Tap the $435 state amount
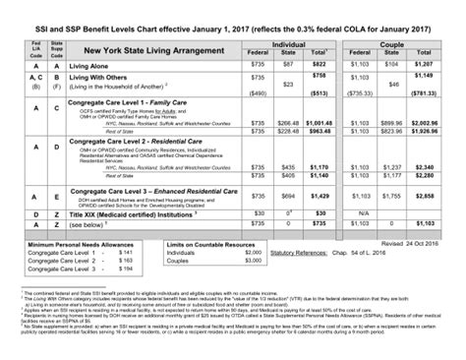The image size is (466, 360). (x=288, y=168)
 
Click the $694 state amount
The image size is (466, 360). (x=288, y=198)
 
